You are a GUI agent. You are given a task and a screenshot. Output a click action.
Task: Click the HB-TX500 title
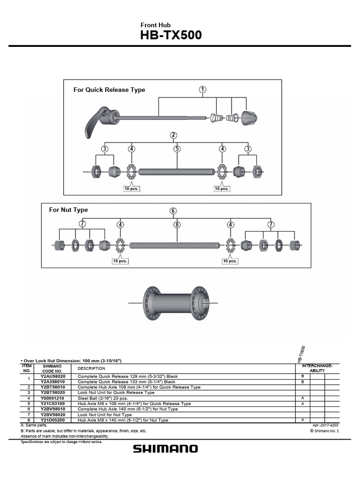point(171,36)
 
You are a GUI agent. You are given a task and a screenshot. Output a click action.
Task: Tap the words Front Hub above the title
point(156,25)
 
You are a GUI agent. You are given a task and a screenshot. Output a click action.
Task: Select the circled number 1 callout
point(202,89)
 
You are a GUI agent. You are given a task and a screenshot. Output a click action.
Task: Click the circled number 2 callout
point(173,135)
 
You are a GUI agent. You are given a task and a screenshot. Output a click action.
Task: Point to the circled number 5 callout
point(177,149)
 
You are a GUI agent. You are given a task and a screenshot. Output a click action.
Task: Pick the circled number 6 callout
point(173,211)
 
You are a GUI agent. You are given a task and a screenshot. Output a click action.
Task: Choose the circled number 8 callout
point(177,225)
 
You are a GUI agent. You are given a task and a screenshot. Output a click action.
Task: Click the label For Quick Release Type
point(109,90)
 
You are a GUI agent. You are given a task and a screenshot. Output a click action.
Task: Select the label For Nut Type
point(68,210)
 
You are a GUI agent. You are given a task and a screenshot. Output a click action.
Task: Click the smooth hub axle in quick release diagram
point(176,172)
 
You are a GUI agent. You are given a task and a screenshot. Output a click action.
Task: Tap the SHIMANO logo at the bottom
point(165,449)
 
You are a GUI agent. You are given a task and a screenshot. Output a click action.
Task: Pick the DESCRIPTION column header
point(91,368)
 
